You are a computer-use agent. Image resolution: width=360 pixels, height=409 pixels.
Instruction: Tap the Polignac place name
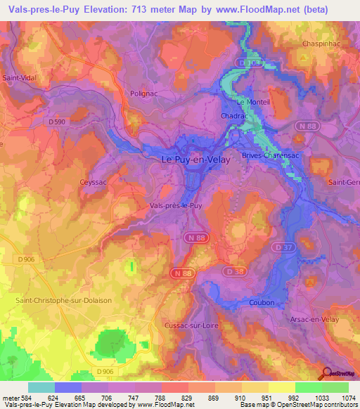point(146,93)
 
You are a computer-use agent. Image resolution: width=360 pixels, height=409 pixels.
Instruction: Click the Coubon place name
point(261,303)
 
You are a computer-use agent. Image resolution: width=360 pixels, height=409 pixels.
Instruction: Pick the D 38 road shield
point(233,270)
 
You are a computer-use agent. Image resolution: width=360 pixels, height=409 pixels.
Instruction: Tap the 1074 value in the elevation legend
point(348,398)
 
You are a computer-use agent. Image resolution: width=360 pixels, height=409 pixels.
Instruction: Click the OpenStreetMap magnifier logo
point(326,374)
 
